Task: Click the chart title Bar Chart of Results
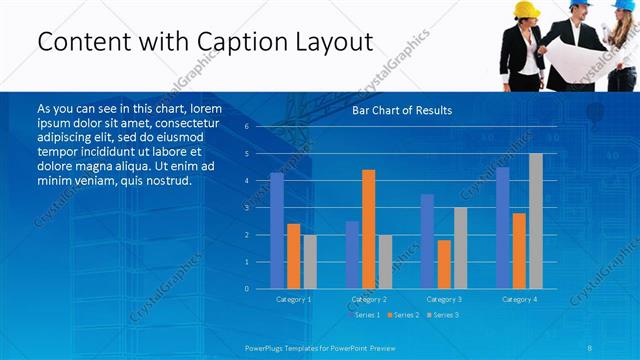(x=402, y=110)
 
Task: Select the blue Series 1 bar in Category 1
(x=277, y=231)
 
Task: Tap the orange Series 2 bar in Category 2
(x=369, y=229)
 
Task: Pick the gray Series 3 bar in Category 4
(x=536, y=221)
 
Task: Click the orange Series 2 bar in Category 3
(x=444, y=264)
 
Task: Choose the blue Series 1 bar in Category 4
(x=502, y=228)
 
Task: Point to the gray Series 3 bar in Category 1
(x=310, y=262)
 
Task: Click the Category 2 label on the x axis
(x=369, y=299)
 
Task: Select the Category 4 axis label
(x=519, y=299)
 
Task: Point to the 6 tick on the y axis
(x=247, y=127)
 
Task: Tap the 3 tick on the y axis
(x=247, y=208)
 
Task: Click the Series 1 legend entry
(x=366, y=315)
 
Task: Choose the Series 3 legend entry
(x=444, y=315)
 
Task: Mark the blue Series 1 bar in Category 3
(x=427, y=241)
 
